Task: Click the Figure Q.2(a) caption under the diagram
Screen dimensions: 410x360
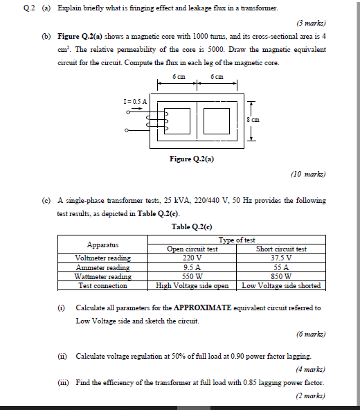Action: tap(192, 159)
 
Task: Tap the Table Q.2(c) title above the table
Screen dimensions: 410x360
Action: tap(192, 226)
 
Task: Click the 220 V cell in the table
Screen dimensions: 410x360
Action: tap(192, 258)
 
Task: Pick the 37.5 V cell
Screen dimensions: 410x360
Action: tap(282, 258)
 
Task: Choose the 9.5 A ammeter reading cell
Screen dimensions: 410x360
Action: tap(192, 267)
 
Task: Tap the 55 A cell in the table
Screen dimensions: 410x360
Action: tap(282, 267)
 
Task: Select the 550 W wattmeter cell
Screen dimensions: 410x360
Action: tap(192, 276)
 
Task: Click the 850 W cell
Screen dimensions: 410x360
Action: tap(282, 276)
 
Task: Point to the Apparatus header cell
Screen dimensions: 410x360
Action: tap(103, 244)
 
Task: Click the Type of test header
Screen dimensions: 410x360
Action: tap(237, 240)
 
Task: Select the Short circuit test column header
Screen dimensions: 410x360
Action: tap(282, 249)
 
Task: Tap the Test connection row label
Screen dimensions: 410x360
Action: tap(103, 285)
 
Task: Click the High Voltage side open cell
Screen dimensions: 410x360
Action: tap(192, 285)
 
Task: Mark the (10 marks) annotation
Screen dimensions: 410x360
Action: tap(308, 175)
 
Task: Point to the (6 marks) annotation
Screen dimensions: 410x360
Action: tap(310, 334)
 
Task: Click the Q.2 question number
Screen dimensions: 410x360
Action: tap(28, 8)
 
